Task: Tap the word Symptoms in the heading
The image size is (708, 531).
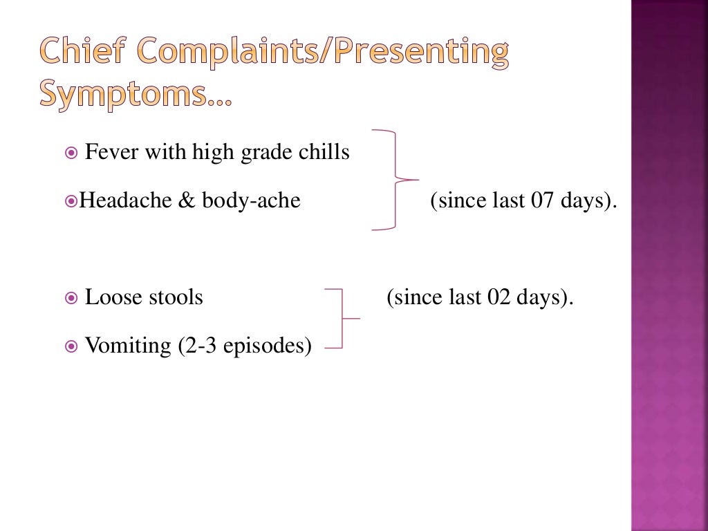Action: click(x=124, y=95)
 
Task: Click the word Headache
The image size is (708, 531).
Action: click(x=122, y=201)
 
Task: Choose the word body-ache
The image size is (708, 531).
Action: click(x=251, y=201)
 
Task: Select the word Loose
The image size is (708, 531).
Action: click(x=111, y=297)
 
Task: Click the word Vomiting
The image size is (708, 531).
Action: click(x=128, y=345)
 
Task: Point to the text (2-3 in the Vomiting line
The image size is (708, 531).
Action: click(x=197, y=345)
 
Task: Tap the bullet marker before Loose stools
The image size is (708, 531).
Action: click(x=72, y=298)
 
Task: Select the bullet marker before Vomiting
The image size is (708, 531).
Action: click(x=72, y=346)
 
